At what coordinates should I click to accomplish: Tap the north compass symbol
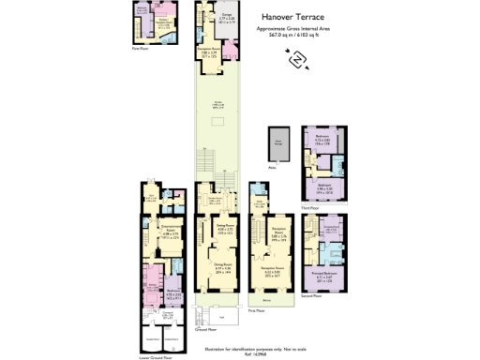[x=297, y=59]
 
